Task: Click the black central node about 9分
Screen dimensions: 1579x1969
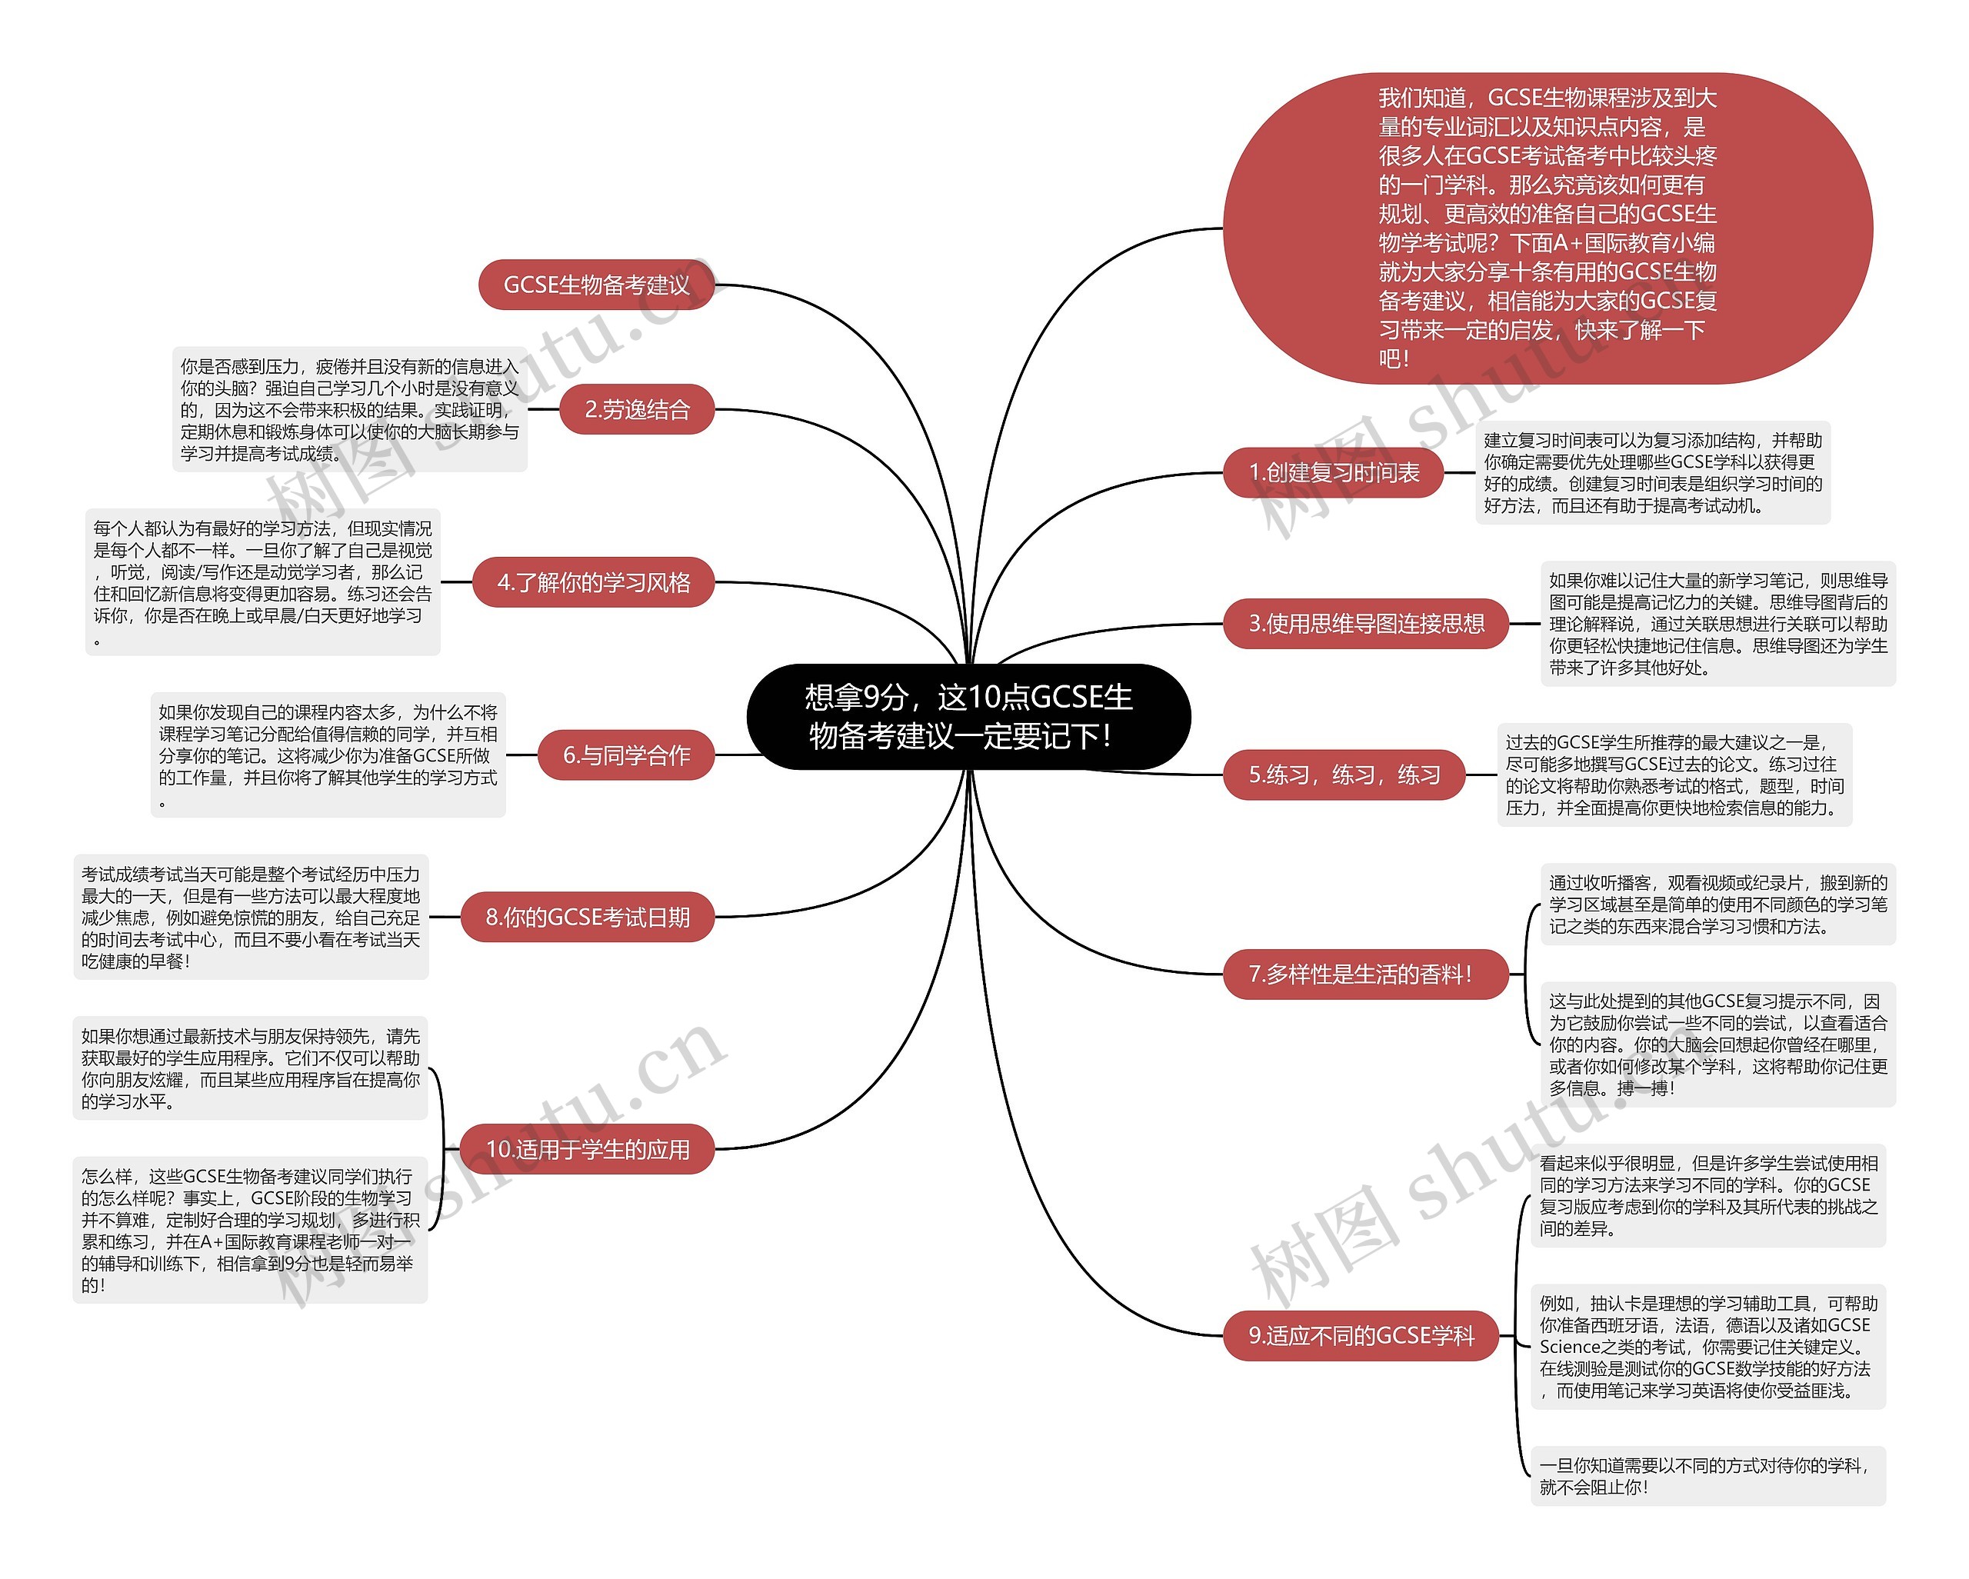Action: coord(968,717)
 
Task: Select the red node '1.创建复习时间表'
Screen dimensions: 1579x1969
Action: coord(1334,473)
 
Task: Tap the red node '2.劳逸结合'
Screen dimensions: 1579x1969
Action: coord(637,409)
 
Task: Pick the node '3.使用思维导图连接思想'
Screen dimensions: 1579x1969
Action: coord(1365,624)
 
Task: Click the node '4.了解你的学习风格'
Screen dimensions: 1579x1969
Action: coord(593,581)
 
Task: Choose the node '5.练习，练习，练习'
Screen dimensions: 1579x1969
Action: coord(1344,775)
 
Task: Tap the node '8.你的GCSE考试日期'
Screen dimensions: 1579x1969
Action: coord(587,917)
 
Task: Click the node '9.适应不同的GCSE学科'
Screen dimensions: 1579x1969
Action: coord(1361,1336)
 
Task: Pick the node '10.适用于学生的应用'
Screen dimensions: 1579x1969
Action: coord(587,1149)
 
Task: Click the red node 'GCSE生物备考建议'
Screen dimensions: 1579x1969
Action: coord(596,285)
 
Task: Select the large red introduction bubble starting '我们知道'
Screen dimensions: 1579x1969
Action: coord(1547,228)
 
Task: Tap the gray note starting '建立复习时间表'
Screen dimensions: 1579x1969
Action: coord(1652,473)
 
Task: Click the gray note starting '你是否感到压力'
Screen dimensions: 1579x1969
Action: coord(350,410)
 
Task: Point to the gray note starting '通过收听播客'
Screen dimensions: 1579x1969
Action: coord(1717,904)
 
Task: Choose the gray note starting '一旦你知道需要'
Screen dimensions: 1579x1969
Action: coord(1707,1476)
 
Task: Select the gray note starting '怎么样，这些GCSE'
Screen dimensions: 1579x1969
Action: coord(250,1230)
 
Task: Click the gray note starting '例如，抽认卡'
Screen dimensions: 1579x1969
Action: coord(1707,1347)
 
